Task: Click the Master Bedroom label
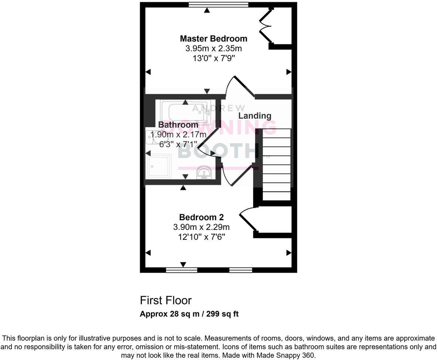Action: [213, 38]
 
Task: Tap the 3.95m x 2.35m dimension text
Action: [213, 48]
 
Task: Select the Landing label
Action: [255, 116]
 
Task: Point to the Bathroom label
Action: [178, 125]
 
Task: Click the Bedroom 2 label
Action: [201, 217]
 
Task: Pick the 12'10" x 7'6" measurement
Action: [202, 236]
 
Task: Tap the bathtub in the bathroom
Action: [186, 112]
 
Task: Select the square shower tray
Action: [159, 166]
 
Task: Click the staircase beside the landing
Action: [276, 164]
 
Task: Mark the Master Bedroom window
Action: [218, 5]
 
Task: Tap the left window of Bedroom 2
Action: [182, 270]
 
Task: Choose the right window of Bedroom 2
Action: [241, 270]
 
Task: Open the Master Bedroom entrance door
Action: [240, 86]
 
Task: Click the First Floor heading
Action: [166, 300]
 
